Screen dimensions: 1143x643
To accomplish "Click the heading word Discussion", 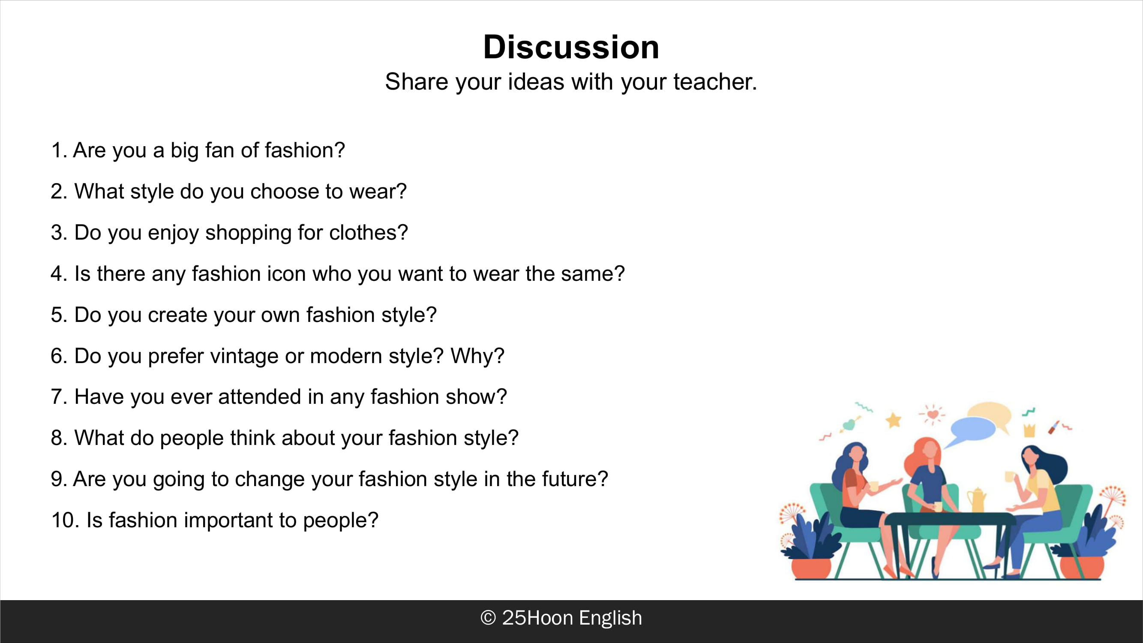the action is [571, 47].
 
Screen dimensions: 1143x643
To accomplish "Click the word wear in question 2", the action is [378, 191].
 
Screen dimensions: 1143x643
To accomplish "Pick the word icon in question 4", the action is [286, 273].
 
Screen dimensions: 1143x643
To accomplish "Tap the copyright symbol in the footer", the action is [488, 618].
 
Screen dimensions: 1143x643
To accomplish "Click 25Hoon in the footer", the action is [537, 618].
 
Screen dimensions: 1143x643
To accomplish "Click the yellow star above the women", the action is [894, 420].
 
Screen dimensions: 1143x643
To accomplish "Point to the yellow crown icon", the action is [1029, 430].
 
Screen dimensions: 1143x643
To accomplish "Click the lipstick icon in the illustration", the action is [1054, 427].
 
